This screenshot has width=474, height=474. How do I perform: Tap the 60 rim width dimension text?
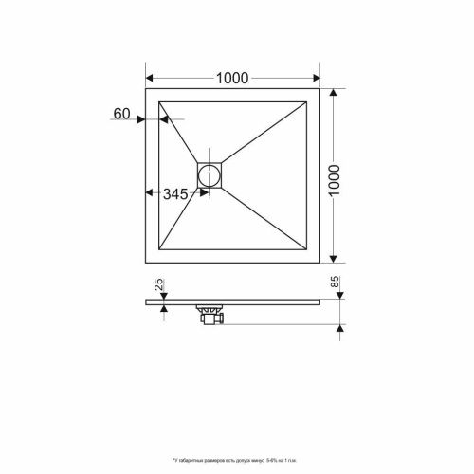[x=121, y=115]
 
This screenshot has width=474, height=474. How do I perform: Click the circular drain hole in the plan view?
[x=209, y=173]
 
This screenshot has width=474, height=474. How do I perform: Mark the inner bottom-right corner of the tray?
[x=308, y=248]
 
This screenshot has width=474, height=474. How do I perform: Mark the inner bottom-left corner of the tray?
[x=159, y=248]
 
